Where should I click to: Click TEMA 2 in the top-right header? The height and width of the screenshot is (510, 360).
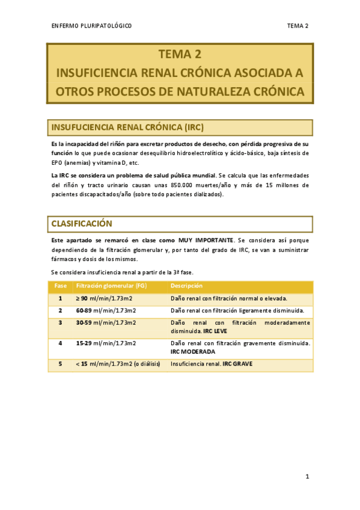(297, 26)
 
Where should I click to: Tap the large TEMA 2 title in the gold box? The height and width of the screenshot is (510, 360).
(180, 55)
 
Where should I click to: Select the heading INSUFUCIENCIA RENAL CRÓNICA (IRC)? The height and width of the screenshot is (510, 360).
(128, 127)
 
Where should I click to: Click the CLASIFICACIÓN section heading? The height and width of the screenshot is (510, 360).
(82, 223)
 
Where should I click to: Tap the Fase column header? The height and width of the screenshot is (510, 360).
(60, 285)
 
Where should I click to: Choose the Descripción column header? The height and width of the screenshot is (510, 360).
(186, 285)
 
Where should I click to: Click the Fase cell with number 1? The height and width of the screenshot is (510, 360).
(60, 298)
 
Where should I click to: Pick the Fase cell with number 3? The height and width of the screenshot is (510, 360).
(60, 323)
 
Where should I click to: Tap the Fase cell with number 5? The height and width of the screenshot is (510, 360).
(60, 364)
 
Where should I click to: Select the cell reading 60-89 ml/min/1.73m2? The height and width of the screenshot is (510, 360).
(106, 310)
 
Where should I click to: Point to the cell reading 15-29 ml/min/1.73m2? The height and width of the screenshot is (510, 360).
(106, 343)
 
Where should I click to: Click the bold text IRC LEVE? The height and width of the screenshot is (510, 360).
(215, 331)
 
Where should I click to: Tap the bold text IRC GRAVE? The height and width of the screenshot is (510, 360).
(237, 364)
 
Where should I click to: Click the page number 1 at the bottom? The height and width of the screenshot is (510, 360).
(307, 477)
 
